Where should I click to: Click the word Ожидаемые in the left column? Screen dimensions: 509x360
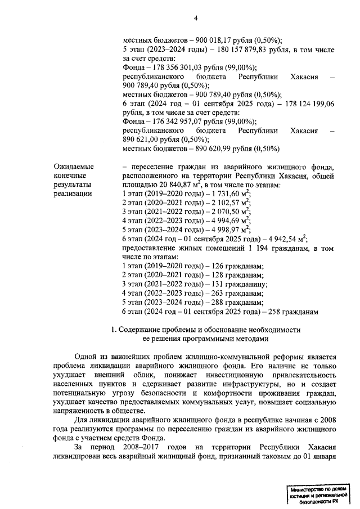click(x=73, y=166)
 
